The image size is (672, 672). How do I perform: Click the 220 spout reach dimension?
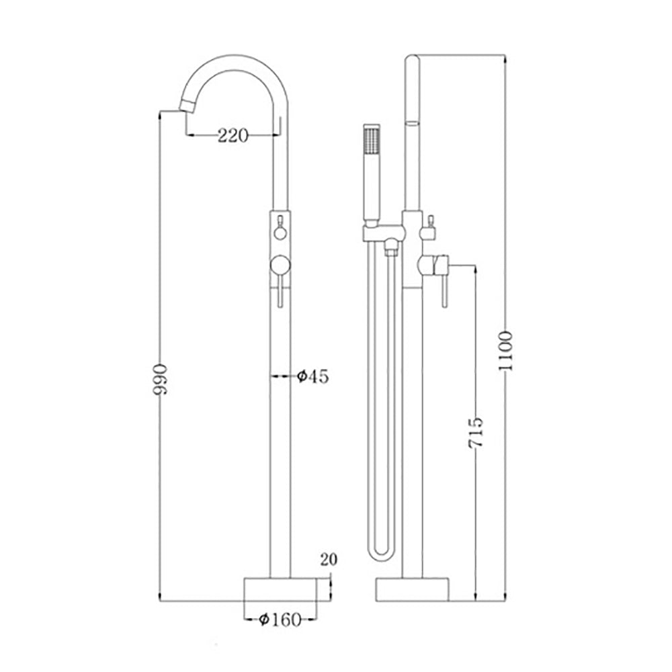233,136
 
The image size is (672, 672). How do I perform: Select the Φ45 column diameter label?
313,376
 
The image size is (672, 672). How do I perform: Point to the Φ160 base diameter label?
280,620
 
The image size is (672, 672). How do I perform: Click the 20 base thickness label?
329,559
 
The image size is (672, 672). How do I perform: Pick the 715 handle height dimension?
475,432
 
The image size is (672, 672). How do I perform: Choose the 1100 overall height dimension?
505,351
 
